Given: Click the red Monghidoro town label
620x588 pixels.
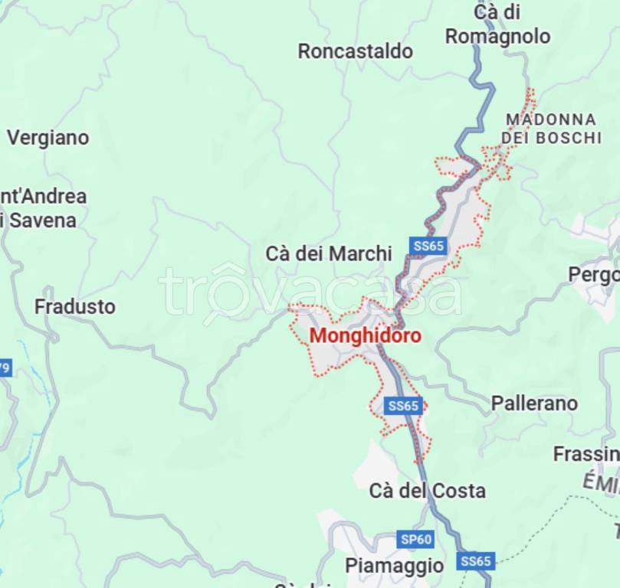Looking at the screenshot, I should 365,335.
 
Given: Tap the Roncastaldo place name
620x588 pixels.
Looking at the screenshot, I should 355,51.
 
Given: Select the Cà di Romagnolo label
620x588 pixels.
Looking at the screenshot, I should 497,24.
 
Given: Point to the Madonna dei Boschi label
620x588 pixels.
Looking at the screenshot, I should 551,129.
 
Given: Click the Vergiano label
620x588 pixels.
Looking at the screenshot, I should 48,138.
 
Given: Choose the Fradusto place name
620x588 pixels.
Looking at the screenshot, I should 75,306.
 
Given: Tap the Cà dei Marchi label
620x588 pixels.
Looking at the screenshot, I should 329,253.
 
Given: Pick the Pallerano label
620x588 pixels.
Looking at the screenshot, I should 534,403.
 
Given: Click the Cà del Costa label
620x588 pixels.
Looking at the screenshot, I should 427,490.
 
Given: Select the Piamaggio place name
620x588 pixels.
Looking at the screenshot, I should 394,565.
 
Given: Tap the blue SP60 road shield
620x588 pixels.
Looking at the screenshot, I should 416,539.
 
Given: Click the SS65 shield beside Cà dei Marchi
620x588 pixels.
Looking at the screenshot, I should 428,246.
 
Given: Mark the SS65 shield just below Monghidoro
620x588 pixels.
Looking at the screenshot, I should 403,406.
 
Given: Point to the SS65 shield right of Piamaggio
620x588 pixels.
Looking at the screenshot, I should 476,561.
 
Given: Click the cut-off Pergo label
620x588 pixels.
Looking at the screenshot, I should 593,274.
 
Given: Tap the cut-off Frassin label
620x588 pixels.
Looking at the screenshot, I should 586,454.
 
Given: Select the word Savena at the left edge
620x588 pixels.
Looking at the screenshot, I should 42,220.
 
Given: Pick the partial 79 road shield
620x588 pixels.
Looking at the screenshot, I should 5,368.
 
